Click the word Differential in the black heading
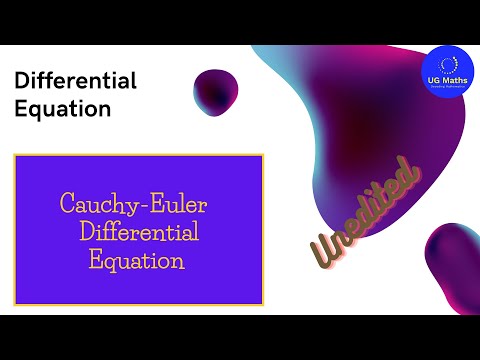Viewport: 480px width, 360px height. [x=76, y=81]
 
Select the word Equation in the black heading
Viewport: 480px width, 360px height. [x=62, y=109]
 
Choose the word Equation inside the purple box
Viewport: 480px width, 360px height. [x=137, y=261]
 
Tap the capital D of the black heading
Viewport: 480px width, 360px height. [x=22, y=81]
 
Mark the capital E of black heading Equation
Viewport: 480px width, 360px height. [x=22, y=109]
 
